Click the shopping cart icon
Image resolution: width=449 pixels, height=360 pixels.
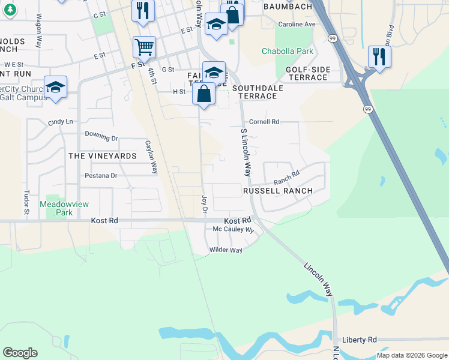click(x=144, y=46)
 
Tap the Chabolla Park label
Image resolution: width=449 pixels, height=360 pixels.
click(x=288, y=51)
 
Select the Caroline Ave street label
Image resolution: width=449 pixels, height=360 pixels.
click(x=297, y=25)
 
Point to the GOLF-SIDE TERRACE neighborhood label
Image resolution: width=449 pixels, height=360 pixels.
click(x=308, y=74)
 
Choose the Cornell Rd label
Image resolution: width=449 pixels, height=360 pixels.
click(x=264, y=122)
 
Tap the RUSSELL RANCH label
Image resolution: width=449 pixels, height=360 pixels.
click(x=277, y=191)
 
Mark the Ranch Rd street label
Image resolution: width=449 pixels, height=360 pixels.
click(x=286, y=178)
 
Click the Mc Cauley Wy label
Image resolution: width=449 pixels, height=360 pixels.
click(x=234, y=230)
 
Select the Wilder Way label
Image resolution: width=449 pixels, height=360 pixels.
click(x=226, y=250)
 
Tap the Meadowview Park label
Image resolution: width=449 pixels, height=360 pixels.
click(x=64, y=208)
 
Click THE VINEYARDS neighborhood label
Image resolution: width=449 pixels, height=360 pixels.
click(x=103, y=155)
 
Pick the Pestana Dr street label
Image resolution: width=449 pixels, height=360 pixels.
click(x=101, y=176)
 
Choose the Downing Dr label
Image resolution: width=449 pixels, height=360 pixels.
click(x=101, y=137)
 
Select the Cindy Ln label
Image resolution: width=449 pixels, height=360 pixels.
click(x=60, y=122)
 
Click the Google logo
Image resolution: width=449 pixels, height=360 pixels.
click(x=20, y=353)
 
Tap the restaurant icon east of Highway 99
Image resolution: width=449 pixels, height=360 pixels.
click(x=379, y=56)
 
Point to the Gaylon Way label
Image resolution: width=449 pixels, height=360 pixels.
click(x=151, y=157)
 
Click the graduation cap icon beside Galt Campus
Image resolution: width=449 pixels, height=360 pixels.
click(x=55, y=86)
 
